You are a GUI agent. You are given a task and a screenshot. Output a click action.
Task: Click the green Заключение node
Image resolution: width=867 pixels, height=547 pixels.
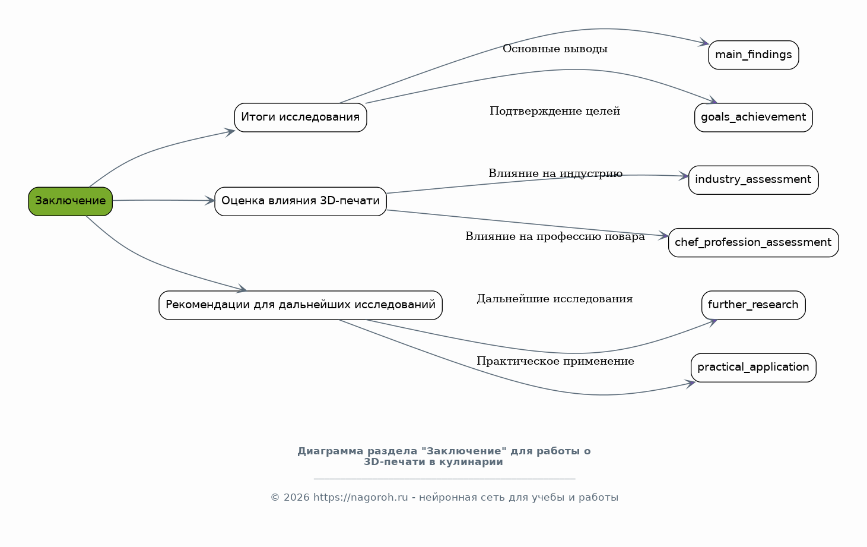tap(70, 201)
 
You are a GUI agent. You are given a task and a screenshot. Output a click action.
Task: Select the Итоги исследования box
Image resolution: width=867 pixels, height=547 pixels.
tap(300, 118)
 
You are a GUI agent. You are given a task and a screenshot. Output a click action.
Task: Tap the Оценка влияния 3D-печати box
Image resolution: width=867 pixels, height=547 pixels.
tap(300, 201)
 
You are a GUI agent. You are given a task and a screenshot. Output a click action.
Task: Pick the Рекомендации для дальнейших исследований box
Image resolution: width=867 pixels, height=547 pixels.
tap(300, 305)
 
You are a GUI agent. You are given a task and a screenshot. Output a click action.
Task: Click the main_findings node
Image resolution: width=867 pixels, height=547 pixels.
tap(753, 55)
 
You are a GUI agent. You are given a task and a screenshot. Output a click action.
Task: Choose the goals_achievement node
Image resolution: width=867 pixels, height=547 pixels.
tap(753, 118)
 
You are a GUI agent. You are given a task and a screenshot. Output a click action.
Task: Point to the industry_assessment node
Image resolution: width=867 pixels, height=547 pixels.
tap(753, 180)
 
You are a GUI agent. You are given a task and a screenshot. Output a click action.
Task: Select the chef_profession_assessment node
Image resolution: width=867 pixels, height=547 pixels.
tap(753, 243)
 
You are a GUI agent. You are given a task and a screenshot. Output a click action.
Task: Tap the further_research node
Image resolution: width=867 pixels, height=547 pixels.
tap(753, 305)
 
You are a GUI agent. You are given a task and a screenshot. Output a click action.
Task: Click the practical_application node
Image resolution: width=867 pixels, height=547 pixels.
tap(753, 368)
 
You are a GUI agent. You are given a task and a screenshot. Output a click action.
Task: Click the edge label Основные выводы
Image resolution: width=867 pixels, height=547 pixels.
tap(555, 49)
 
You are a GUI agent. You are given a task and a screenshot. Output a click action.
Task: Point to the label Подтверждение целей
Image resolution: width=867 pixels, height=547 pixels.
tap(555, 111)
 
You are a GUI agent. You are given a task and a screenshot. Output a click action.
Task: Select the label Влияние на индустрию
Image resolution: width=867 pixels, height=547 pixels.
tap(555, 173)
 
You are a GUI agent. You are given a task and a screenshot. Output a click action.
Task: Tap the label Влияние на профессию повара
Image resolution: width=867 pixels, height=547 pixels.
tap(555, 236)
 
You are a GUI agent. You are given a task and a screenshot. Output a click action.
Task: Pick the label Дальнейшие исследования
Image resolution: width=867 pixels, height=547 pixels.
tap(555, 299)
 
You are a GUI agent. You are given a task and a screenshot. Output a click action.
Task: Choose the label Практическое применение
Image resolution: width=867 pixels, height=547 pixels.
tap(555, 361)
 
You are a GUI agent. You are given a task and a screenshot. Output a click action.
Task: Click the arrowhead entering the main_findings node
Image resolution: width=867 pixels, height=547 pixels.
tap(704, 43)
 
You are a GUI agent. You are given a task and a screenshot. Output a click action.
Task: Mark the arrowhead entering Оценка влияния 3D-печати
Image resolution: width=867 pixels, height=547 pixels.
tap(210, 201)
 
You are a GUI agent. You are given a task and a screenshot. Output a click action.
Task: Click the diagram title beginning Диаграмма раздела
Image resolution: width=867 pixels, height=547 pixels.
tap(444, 456)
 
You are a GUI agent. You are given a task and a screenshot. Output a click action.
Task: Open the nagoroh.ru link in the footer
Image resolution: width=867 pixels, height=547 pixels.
tap(360, 498)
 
